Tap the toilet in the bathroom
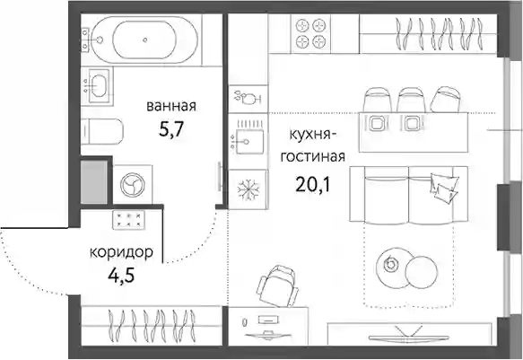(x=102, y=131)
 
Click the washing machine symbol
(x=133, y=184)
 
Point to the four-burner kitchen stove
(x=310, y=33)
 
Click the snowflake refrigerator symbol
(x=248, y=189)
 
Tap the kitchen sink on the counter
(x=248, y=141)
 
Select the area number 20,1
(x=312, y=184)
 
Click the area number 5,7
(x=171, y=129)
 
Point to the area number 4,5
(x=121, y=276)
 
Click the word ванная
(x=171, y=107)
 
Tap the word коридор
(x=121, y=252)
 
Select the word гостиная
(x=313, y=156)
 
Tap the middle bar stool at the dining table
(x=411, y=99)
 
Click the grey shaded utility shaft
(x=94, y=182)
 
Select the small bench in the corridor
(x=129, y=220)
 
